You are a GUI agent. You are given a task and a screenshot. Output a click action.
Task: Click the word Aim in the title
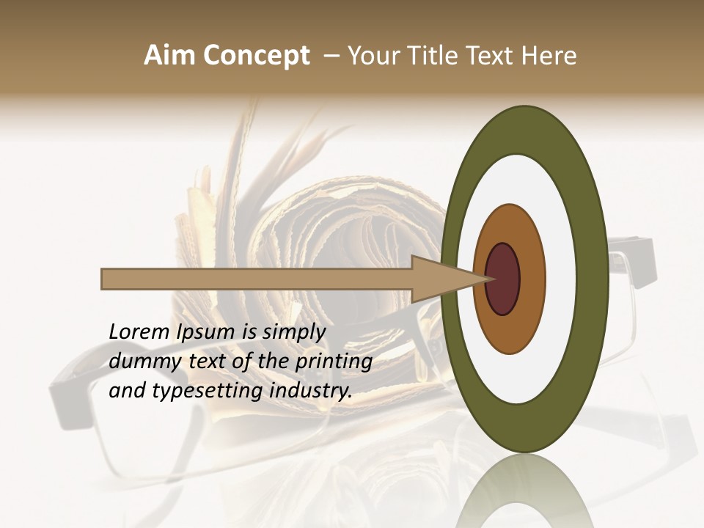point(170,56)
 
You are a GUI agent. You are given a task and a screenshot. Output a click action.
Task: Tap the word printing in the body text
point(334,362)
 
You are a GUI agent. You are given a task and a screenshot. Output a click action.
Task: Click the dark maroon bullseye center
point(503,279)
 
